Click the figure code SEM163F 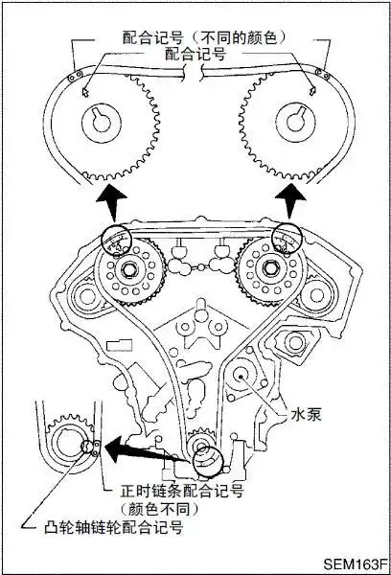click(x=355, y=564)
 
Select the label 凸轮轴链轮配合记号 click(x=113, y=527)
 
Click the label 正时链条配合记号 click(x=182, y=491)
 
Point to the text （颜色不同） click(x=160, y=509)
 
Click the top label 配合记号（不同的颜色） click(x=204, y=37)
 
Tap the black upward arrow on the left click(x=111, y=203)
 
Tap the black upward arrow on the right click(x=289, y=201)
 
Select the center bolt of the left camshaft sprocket click(x=131, y=270)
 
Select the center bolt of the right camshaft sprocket click(x=270, y=270)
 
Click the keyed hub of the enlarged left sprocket click(x=102, y=122)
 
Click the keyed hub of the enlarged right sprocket click(x=295, y=122)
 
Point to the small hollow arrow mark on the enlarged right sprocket click(x=311, y=91)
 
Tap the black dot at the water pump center click(x=241, y=376)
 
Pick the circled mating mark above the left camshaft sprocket click(x=116, y=239)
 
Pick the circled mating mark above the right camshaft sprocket click(x=287, y=239)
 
